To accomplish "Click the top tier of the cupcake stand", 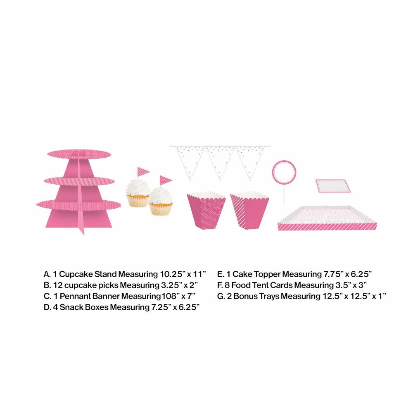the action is click(79, 154).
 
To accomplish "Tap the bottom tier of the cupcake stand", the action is click(78, 205).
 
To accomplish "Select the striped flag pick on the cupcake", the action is click(143, 172).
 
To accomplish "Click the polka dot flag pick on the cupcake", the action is click(166, 181).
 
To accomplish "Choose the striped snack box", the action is click(249, 210).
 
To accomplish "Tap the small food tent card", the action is click(333, 186).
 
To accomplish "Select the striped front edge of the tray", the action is click(327, 226).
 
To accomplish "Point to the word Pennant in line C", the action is click(76, 296).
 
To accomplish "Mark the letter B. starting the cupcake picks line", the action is click(47, 285).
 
